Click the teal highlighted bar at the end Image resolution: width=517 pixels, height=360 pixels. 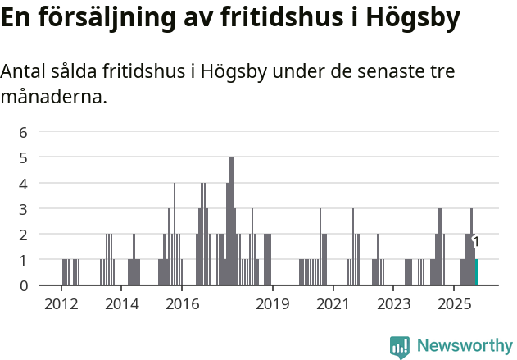(x=476, y=272)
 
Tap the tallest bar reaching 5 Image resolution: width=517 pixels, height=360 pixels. (x=231, y=221)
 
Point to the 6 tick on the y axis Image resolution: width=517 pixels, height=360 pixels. (x=24, y=131)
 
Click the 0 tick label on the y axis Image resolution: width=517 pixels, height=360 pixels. (x=24, y=285)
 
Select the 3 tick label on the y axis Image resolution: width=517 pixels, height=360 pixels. (x=24, y=208)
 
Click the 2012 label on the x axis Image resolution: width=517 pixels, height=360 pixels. (x=61, y=304)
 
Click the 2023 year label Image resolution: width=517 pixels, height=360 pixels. (x=393, y=304)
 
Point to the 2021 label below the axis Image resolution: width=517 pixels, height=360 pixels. (x=332, y=304)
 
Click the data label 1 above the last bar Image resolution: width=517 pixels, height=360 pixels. (x=476, y=242)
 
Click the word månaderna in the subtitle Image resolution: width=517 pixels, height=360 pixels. (x=53, y=98)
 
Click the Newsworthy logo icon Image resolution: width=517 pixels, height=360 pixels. (x=400, y=347)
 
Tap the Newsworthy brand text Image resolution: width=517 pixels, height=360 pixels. (x=465, y=346)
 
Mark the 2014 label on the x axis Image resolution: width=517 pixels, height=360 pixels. (x=121, y=304)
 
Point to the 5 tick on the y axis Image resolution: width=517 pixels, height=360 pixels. (x=24, y=157)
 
